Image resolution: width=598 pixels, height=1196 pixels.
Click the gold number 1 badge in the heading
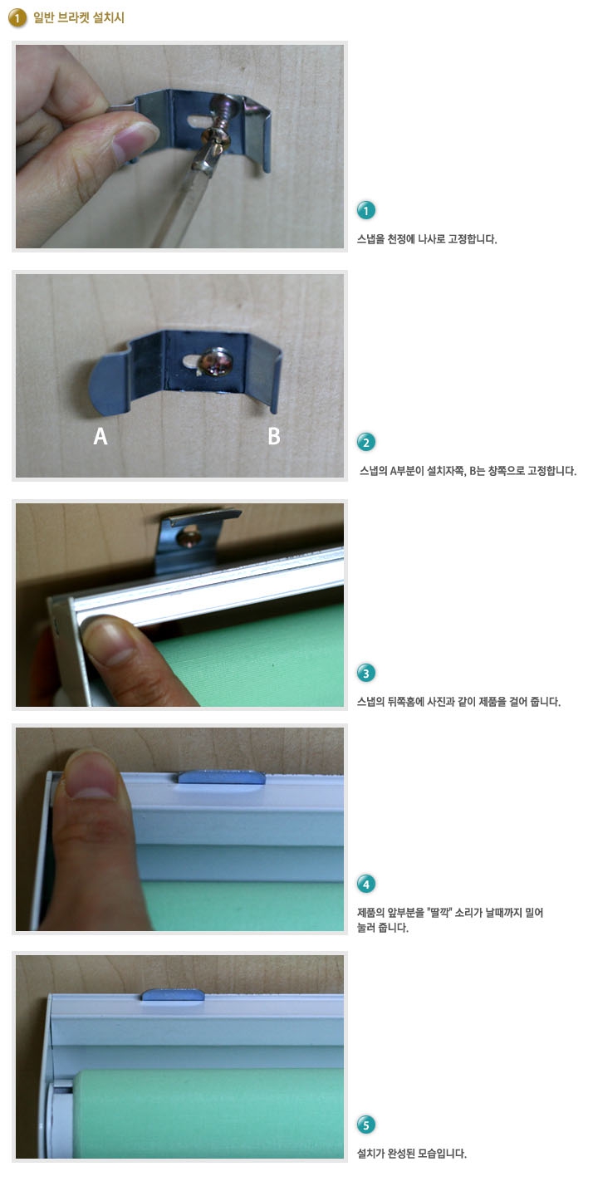pos(17,18)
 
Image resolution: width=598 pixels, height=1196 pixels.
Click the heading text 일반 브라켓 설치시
pos(78,17)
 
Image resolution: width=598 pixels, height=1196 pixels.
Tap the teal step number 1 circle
pos(366,210)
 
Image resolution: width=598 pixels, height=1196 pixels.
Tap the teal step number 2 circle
pos(366,442)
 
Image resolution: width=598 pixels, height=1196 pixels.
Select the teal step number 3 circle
pos(366,674)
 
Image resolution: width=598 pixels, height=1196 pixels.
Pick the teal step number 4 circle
pos(366,885)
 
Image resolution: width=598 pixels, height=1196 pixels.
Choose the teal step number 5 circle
pos(366,1125)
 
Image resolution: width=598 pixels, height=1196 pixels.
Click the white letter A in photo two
pos(100,436)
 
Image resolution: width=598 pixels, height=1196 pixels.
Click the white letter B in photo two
pos(274,436)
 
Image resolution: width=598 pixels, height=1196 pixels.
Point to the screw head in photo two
pos(214,361)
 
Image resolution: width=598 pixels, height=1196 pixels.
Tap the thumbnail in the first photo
pos(135,139)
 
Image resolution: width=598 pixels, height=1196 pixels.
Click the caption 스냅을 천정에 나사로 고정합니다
pos(427,239)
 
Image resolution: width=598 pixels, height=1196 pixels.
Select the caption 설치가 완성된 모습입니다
pos(412,1154)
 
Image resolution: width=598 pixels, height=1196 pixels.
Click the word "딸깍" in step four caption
pos(441,912)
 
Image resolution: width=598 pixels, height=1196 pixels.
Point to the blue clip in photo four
pos(222,777)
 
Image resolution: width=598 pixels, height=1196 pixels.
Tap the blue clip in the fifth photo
pos(173,995)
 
